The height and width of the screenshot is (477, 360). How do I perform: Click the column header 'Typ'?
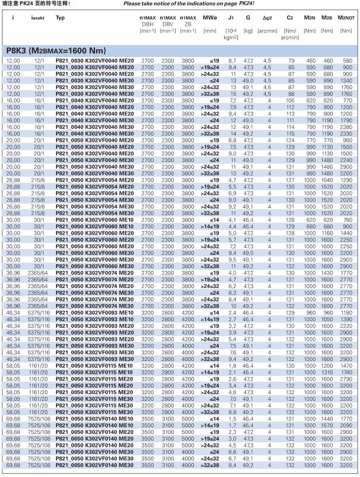61,18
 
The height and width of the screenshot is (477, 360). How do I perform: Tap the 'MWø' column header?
210,18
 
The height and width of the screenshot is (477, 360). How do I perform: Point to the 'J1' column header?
231,18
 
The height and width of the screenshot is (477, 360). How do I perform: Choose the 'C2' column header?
290,18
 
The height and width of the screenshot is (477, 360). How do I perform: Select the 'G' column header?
249,18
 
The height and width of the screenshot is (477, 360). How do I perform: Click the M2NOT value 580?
347,61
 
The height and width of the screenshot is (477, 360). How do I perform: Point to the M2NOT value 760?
347,220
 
